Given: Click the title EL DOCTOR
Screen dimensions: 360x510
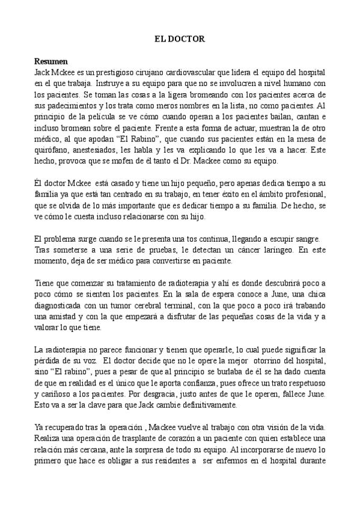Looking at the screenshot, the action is pyautogui.click(x=180, y=39).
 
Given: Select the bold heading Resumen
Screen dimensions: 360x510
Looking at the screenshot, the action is pyautogui.click(x=51, y=61).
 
